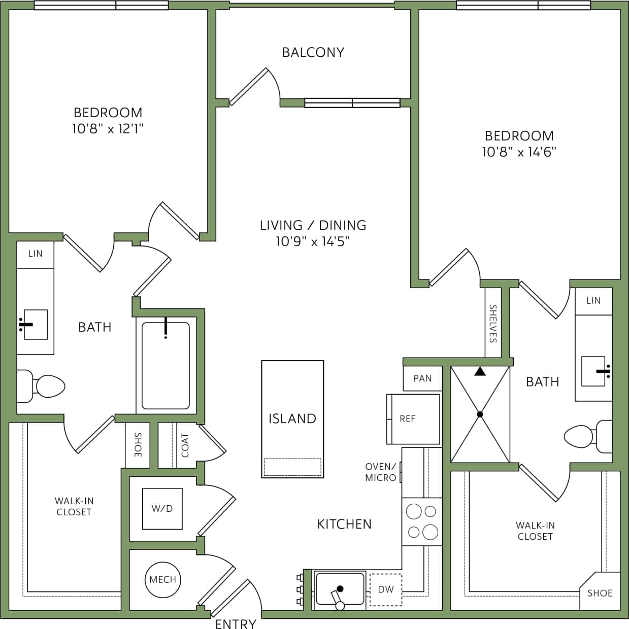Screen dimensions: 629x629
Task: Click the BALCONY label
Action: (313, 52)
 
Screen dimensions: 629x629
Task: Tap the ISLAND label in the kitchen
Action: (292, 418)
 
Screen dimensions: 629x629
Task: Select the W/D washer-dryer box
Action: (162, 508)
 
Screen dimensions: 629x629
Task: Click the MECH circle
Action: (162, 579)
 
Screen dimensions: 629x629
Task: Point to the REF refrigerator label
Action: (407, 419)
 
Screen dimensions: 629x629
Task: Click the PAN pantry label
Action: (422, 378)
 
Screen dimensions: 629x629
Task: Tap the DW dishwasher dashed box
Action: (386, 589)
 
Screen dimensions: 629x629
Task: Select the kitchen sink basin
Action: (340, 589)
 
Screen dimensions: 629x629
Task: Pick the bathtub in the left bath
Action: (165, 365)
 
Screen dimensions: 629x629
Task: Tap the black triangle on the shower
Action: (480, 372)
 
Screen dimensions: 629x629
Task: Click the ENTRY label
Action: (236, 623)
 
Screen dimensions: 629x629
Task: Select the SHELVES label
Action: (492, 323)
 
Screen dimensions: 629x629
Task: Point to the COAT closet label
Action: (185, 445)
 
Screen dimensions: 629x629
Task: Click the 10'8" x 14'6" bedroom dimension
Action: (519, 152)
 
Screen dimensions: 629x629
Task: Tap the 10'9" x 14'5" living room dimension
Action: (313, 241)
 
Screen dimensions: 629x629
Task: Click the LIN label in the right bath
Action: (593, 300)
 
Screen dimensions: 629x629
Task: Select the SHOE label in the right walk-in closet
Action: (600, 593)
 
